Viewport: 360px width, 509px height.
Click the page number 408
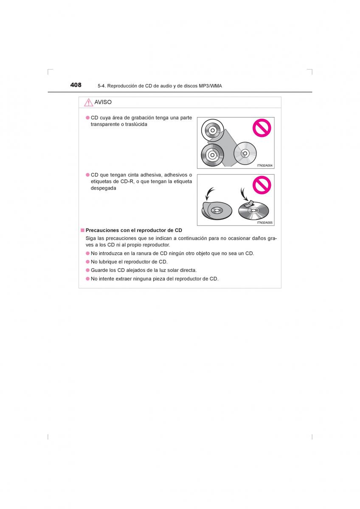[x=76, y=85]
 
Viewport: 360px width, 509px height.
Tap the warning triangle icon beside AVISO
[x=88, y=103]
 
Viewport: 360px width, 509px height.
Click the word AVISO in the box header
[x=103, y=102]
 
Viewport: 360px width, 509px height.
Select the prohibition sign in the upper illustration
[x=262, y=128]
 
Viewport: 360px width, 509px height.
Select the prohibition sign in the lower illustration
[x=262, y=185]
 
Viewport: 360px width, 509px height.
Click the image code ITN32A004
[x=264, y=165]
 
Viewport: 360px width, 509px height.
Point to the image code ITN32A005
[x=264, y=223]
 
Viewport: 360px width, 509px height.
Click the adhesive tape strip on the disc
[x=249, y=204]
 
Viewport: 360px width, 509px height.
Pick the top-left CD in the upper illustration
[x=212, y=131]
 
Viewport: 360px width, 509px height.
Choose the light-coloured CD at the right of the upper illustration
[x=245, y=154]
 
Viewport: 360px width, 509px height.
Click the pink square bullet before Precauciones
[x=82, y=230]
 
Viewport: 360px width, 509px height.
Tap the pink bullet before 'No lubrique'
[x=88, y=262]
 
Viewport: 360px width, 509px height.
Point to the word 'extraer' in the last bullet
[x=124, y=279]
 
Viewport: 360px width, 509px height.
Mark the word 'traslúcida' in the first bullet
[x=136, y=124]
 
